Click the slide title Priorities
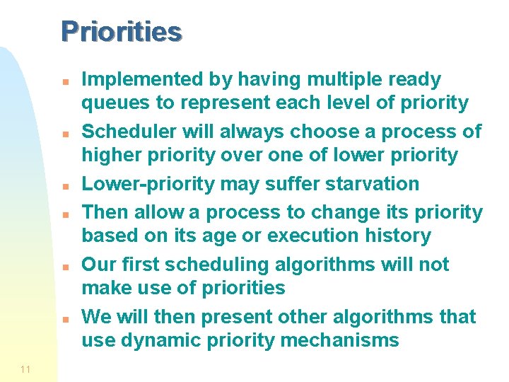click(x=121, y=32)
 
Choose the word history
click(x=397, y=236)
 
